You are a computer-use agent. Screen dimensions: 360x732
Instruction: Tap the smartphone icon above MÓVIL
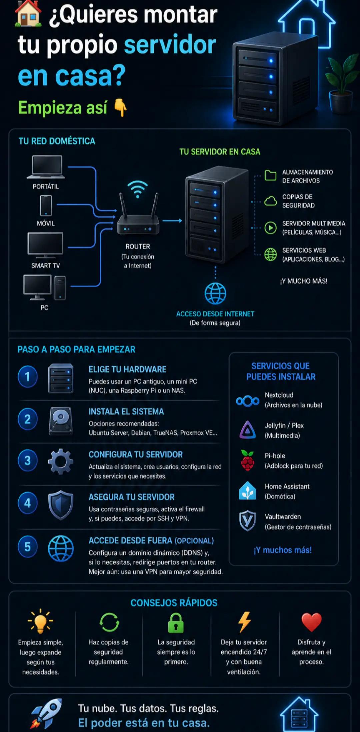46,206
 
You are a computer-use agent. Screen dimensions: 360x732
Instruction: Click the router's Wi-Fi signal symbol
138,189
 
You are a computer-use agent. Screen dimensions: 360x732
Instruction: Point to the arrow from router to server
172,221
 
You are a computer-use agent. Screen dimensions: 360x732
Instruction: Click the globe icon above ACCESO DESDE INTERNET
215,293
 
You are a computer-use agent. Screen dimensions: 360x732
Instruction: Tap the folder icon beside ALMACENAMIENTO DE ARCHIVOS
270,175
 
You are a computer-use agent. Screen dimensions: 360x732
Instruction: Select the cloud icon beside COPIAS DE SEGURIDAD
270,201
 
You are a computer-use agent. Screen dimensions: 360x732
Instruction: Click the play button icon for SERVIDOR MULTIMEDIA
270,228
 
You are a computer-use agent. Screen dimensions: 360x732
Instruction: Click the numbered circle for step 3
28,460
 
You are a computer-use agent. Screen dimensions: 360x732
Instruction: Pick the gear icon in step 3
60,461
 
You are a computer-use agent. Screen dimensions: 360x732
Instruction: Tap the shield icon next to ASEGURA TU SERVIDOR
60,505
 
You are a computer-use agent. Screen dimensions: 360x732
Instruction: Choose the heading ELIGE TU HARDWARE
127,369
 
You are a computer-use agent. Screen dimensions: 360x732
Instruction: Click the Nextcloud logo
248,401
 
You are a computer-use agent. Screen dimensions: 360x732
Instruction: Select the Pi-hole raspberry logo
248,460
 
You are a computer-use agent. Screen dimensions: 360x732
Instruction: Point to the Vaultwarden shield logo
248,521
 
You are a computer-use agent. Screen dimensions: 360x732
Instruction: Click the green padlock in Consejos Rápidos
176,623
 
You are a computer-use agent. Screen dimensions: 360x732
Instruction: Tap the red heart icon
311,622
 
